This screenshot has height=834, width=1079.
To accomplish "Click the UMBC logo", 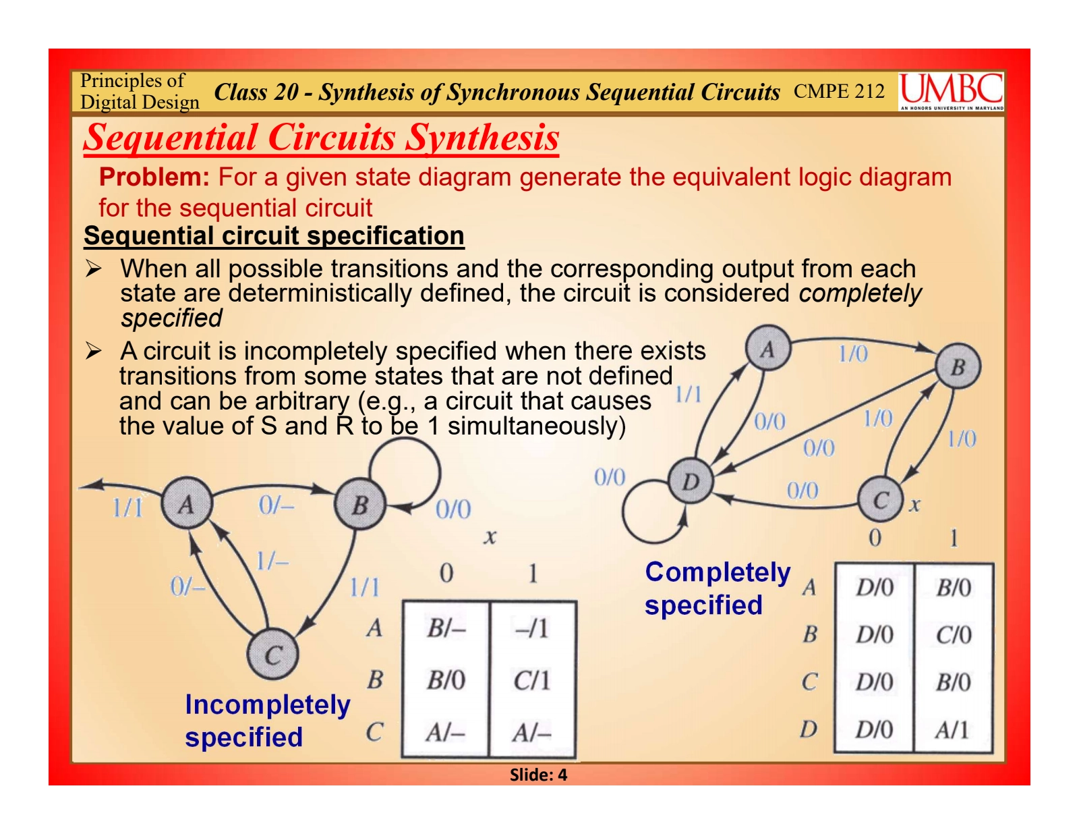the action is (x=950, y=91).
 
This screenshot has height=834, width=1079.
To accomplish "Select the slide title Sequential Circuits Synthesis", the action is (x=321, y=138).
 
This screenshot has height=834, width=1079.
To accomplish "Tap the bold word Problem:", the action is (x=154, y=177).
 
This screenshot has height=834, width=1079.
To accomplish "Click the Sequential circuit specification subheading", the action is (x=274, y=235).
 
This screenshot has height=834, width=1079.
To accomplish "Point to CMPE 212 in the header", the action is (x=839, y=91).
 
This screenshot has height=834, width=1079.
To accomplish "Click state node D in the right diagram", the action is (x=690, y=481).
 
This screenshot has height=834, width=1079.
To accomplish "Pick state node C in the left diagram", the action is (x=272, y=655).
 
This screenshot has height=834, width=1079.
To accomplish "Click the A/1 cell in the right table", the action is (x=952, y=730).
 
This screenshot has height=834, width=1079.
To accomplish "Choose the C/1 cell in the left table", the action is (x=532, y=680).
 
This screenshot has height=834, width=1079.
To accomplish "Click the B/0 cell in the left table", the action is (x=446, y=680).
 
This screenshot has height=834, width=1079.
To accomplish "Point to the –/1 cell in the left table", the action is (x=532, y=628).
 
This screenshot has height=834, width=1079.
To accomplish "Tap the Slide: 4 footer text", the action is (x=538, y=775).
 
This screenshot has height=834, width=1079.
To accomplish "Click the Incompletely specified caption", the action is (x=268, y=721).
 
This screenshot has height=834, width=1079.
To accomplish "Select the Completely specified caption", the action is (x=718, y=588).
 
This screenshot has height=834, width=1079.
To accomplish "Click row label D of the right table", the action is (x=809, y=729).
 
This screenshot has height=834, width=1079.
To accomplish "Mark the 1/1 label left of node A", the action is (x=127, y=507).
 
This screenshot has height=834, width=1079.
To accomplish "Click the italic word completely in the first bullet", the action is (x=860, y=294).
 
